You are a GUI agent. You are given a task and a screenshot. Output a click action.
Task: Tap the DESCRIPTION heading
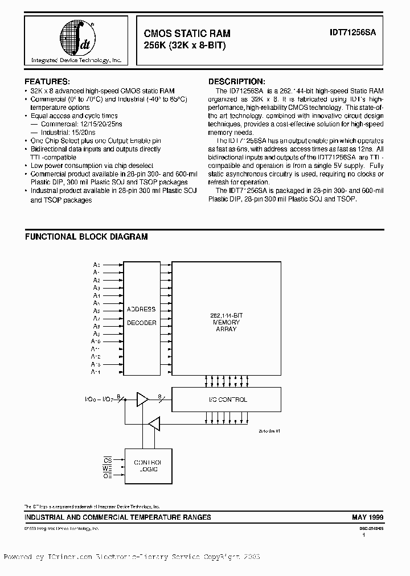click(x=236, y=81)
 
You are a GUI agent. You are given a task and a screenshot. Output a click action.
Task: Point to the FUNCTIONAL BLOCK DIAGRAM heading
click(x=86, y=236)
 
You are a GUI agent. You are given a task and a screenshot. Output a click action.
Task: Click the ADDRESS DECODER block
click(x=141, y=316)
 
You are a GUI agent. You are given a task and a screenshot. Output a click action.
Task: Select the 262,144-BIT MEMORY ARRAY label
click(x=226, y=322)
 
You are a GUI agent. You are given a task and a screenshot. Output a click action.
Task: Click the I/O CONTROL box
click(x=226, y=400)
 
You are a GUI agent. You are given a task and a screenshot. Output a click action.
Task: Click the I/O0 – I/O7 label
click(x=99, y=400)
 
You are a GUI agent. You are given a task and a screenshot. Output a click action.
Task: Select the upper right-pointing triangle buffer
click(x=141, y=400)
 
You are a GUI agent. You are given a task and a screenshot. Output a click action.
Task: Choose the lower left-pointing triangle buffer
click(x=154, y=423)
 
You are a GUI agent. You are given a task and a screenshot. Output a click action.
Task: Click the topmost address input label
click(x=97, y=265)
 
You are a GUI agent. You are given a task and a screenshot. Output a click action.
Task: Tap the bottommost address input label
click(x=96, y=372)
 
